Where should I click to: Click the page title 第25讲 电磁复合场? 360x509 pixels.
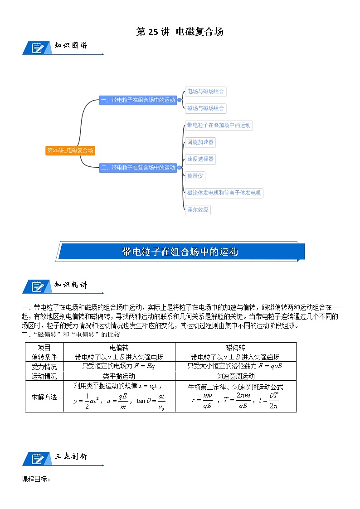pos(180,32)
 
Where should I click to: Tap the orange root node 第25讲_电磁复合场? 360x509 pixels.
pos(70,150)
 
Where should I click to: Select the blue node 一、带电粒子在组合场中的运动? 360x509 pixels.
pos(138,100)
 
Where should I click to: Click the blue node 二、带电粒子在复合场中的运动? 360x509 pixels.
pos(138,168)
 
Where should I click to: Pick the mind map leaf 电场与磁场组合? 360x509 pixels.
pos(205,91)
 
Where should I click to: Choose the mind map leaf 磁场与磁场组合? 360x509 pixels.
pos(205,108)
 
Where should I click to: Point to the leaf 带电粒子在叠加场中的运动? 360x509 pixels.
pos(219,125)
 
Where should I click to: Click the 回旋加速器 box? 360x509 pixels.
pos(200,142)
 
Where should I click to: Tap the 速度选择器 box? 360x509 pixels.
pos(200,159)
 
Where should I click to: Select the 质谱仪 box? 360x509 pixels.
pos(195,176)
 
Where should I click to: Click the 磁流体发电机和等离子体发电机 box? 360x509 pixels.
pos(224,193)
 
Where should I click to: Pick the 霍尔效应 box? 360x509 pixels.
pos(198,210)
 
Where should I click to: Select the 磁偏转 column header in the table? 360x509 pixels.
pos(235,348)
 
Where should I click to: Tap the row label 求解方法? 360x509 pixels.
pos(44,397)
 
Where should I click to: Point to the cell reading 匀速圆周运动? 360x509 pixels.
pos(235,376)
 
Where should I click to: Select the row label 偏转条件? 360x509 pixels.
pos(44,357)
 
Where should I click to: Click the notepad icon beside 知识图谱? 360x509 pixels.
pos(37,47)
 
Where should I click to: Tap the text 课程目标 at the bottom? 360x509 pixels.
pos(36,479)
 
